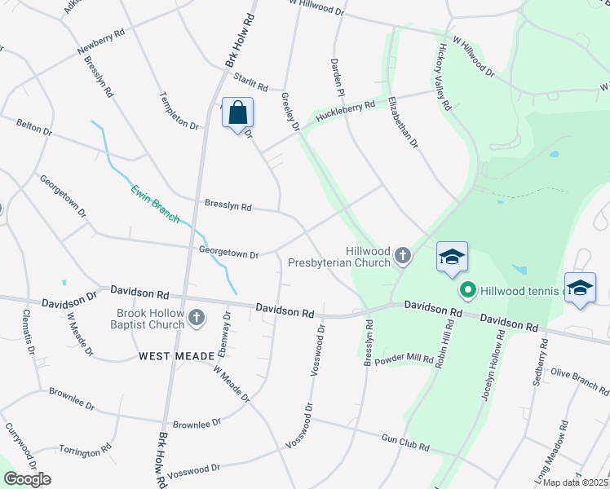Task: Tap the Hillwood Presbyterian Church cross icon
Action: click(x=402, y=258)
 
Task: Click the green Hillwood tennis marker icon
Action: click(x=468, y=289)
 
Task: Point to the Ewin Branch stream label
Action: click(x=156, y=205)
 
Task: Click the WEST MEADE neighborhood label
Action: click(x=176, y=356)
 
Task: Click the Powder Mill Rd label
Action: click(x=404, y=358)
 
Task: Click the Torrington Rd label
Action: click(x=85, y=450)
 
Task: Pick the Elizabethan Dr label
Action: click(x=402, y=122)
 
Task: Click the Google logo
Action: click(x=27, y=479)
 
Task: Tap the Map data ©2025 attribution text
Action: click(x=576, y=482)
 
